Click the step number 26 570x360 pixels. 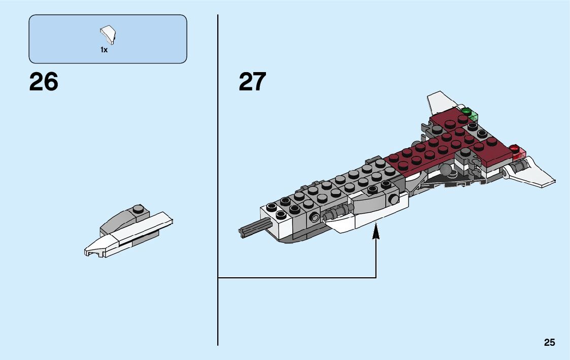(x=44, y=82)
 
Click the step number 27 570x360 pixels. (x=252, y=82)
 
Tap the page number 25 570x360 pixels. (x=549, y=343)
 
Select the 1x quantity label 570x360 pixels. (x=104, y=50)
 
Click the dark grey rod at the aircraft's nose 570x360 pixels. (x=251, y=229)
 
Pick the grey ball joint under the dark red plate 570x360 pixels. (x=445, y=170)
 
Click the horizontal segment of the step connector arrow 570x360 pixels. (x=297, y=278)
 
